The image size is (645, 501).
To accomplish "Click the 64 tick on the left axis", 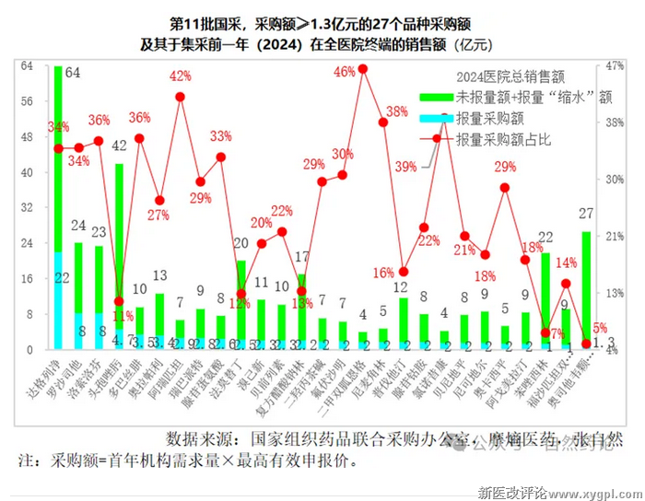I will point(27,66).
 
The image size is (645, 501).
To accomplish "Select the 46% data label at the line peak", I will point(345,71).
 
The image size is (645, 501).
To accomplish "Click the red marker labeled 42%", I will point(181,97).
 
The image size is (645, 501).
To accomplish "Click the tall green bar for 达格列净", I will point(59,157).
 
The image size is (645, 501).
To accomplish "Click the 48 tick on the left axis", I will point(27,137).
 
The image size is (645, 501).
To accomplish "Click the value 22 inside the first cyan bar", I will point(62,278).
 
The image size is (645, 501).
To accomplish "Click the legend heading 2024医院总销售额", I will point(510,78).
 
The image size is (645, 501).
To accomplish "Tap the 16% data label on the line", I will point(385,272).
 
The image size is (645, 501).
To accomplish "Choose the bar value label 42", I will point(119,146).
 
